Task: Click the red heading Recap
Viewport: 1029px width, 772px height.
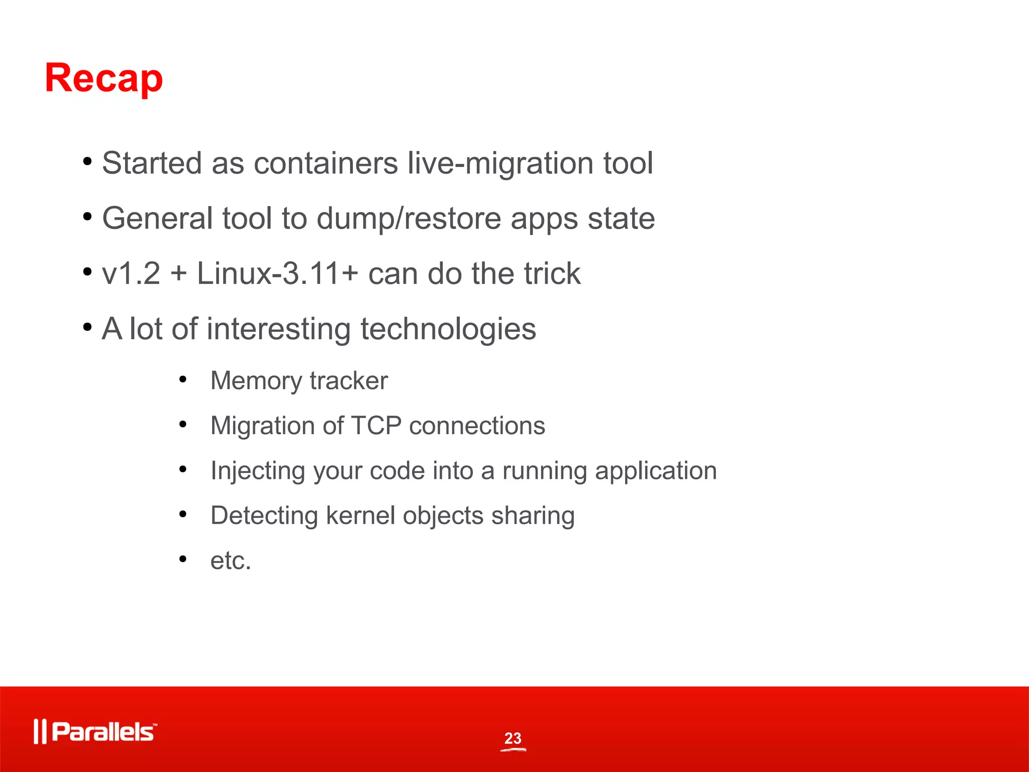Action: tap(104, 78)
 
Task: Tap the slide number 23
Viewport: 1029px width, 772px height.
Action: tap(513, 738)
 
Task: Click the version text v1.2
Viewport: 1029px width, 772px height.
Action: tap(131, 274)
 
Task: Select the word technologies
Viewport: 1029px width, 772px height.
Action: tap(448, 329)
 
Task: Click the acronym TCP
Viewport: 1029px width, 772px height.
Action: tap(376, 426)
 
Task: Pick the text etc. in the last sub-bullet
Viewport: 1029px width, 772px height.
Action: tap(231, 560)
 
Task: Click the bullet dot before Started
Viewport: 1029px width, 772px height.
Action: tap(87, 162)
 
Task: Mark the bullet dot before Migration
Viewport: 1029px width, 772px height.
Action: tap(183, 425)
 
